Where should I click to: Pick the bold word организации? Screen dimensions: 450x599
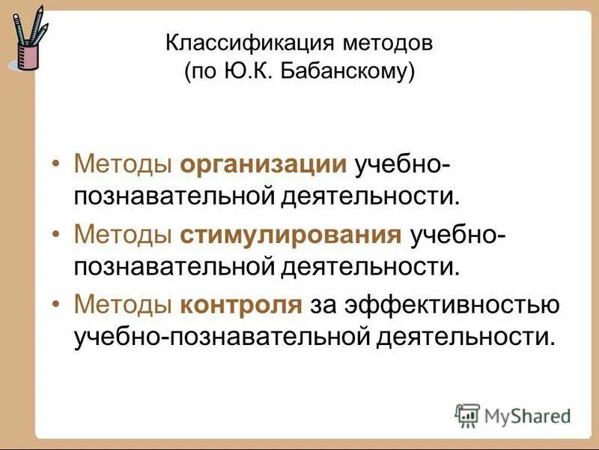(263, 164)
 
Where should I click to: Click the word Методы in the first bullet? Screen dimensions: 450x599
(124, 164)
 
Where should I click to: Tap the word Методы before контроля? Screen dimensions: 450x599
(124, 305)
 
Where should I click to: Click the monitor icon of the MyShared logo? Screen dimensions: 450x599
(468, 415)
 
